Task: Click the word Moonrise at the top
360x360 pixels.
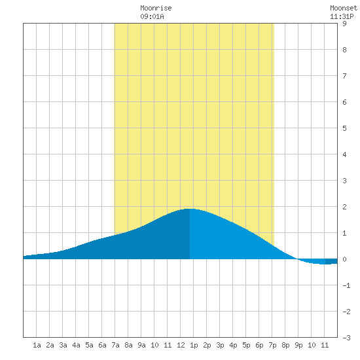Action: pos(156,8)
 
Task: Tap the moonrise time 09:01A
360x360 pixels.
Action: pos(152,16)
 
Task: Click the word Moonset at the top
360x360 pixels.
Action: pos(344,8)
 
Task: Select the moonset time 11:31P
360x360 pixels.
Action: pos(342,16)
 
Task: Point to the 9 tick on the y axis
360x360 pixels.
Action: pos(344,24)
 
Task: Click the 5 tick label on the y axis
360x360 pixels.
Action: pos(344,128)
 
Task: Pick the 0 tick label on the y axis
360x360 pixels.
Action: pos(344,259)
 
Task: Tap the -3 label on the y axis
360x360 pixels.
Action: pos(346,338)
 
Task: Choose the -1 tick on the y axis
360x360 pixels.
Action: pos(346,285)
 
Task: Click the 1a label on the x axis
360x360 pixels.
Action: pos(37,345)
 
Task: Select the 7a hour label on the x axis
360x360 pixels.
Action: pos(115,345)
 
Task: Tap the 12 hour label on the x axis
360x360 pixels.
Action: pos(181,345)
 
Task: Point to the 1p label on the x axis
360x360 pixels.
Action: pos(194,345)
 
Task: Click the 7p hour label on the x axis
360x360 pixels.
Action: pos(272,345)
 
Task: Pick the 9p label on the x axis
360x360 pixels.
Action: pos(298,345)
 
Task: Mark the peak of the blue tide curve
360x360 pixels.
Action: pos(189,209)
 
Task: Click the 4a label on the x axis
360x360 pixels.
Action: pos(76,345)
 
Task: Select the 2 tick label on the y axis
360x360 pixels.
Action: pos(344,207)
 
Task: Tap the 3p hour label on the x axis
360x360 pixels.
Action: pos(220,345)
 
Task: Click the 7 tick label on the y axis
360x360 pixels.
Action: pos(344,76)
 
